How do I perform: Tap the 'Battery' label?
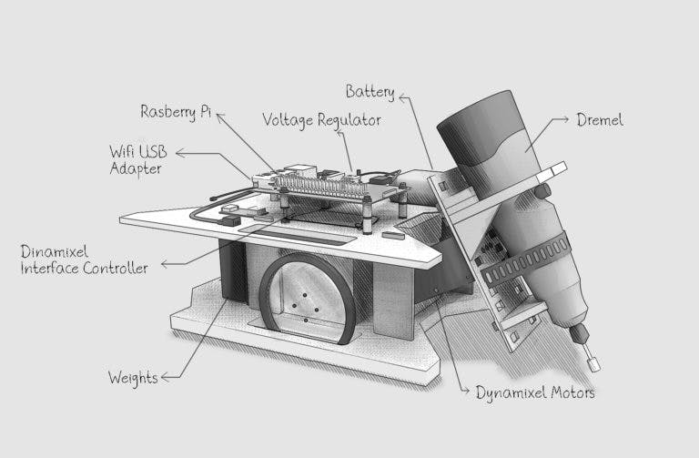[x=370, y=91]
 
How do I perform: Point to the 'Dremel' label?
[x=600, y=119]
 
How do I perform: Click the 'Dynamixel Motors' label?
[x=535, y=392]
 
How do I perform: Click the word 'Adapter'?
[x=136, y=168]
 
